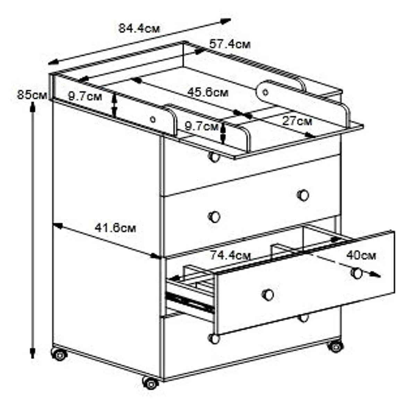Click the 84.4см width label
point(139,28)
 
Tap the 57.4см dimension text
point(230,44)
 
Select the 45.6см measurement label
point(207,93)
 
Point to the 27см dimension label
point(297,121)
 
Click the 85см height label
point(32,95)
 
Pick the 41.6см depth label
point(115,228)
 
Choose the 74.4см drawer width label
point(230,255)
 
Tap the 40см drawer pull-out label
point(361,255)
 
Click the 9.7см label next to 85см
point(85,96)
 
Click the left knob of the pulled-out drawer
point(268,295)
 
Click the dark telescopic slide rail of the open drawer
point(190,302)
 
